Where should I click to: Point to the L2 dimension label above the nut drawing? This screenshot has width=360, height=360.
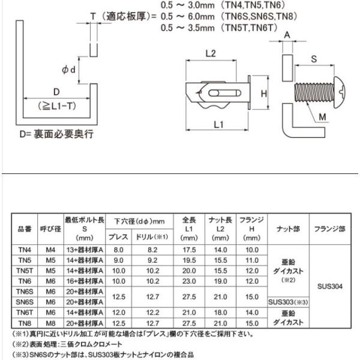pos(210,53)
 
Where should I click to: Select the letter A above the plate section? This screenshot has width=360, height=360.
pos(286,37)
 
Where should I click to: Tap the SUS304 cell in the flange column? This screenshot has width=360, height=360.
pos(328,286)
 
